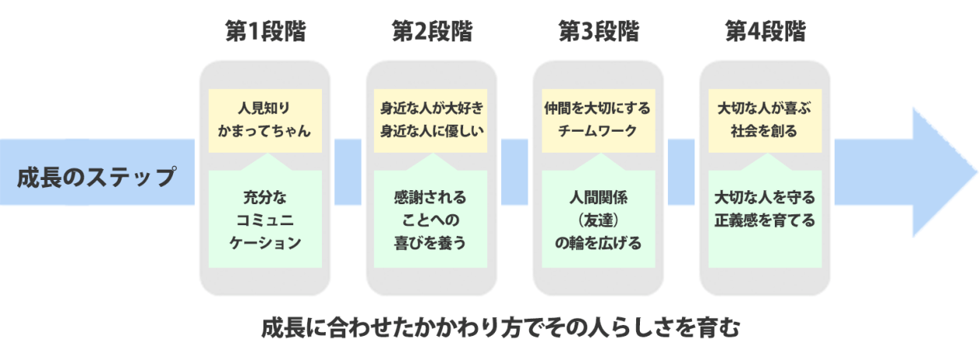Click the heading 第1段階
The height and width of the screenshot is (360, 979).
[265, 32]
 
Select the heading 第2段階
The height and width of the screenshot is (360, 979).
[432, 32]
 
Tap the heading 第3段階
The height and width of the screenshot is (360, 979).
[599, 32]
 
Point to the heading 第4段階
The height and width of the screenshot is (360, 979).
[765, 32]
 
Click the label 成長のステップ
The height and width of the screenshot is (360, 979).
[97, 176]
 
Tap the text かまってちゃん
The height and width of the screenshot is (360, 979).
[265, 131]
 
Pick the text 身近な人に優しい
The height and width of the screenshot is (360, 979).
[432, 131]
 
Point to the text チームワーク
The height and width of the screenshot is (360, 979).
[599, 131]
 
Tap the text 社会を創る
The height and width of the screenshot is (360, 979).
[765, 131]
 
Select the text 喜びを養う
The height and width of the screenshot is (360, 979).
[432, 242]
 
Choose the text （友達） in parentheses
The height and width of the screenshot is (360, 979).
[599, 219]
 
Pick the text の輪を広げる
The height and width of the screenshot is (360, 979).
[599, 242]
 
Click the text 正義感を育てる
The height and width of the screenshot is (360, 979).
[765, 219]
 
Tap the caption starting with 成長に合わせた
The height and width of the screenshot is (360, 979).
[499, 326]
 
